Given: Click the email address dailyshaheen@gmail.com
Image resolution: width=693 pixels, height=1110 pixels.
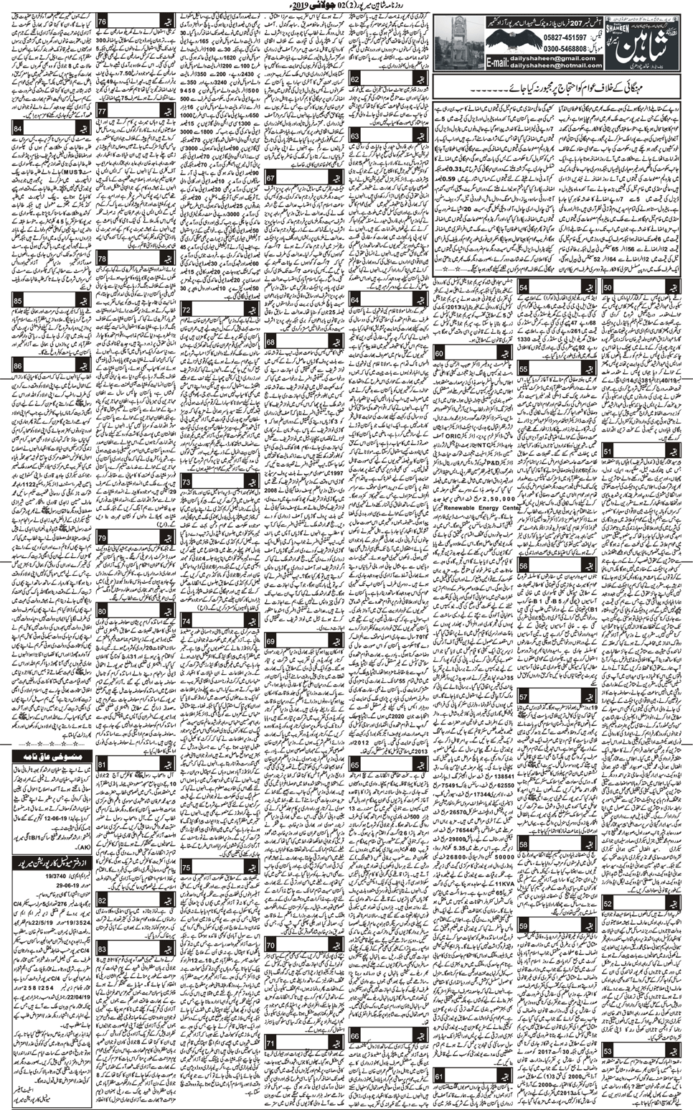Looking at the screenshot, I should point(555,57).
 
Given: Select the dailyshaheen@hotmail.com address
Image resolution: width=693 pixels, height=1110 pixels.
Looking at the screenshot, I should point(555,65).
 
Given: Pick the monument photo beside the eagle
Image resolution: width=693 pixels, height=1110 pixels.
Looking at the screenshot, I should point(456,42).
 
